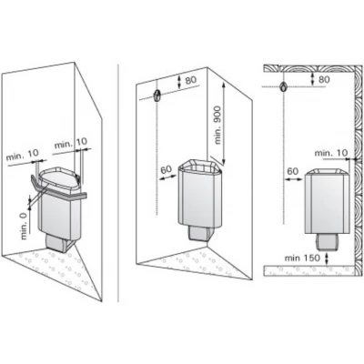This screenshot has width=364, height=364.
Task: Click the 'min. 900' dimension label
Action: coord(218,126)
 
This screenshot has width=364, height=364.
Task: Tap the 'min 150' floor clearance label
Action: coord(302,258)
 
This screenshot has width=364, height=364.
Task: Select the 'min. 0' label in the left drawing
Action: coord(25,226)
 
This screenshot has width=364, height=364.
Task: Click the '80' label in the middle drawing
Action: coord(191,80)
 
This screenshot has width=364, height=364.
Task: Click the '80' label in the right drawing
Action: coord(324,79)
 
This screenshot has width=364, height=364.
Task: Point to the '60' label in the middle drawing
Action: coord(166,169)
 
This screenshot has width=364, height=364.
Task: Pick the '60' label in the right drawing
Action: coord(292,171)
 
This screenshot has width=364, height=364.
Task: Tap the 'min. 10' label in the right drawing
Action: coord(331,153)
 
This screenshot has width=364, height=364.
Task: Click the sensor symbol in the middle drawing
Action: coord(157,96)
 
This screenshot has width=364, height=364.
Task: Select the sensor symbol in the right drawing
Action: coord(284,87)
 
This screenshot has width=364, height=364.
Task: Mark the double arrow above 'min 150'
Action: coord(327,259)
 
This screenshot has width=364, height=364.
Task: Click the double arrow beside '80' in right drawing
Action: coord(312,79)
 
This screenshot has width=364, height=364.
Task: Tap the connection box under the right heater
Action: coord(326,241)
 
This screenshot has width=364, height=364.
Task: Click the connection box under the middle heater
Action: coord(198,233)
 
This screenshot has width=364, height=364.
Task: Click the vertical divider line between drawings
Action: coord(118,182)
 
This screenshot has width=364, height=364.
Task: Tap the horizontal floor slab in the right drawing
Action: coord(309,270)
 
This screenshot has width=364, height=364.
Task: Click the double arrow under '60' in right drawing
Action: coord(293,179)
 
